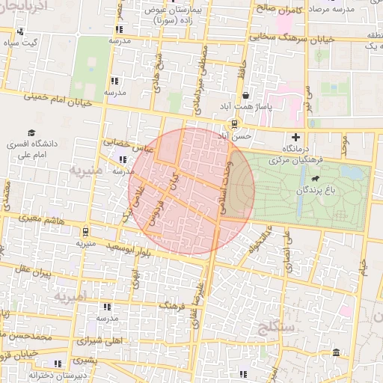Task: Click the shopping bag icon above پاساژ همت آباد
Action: (246, 96)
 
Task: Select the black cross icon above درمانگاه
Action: (296, 137)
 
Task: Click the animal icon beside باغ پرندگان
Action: (316, 180)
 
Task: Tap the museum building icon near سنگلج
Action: (336, 352)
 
